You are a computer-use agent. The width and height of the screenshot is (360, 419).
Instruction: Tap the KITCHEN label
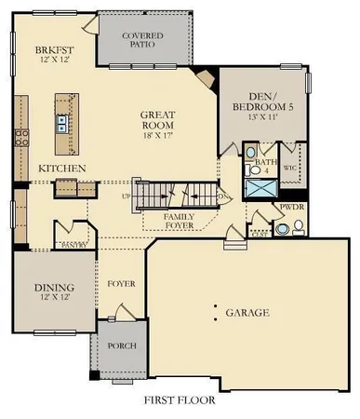pos(62,168)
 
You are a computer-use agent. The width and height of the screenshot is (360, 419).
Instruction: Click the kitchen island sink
pos(62,120)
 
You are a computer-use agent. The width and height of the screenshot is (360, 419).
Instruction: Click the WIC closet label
pos(288,169)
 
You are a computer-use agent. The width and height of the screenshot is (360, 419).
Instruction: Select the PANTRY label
pos(73,244)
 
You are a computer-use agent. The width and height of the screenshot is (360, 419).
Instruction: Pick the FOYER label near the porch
pos(122,283)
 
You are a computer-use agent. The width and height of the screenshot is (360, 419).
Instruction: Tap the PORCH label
pos(121,345)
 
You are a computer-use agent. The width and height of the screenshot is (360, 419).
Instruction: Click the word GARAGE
pos(247,313)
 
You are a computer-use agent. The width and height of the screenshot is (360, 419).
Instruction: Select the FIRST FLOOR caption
pos(180,401)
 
